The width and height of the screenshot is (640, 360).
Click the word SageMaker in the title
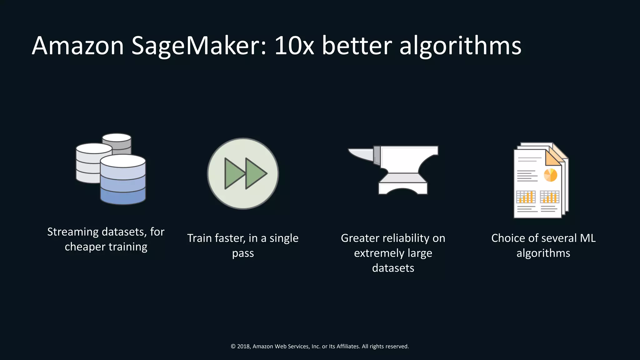pyautogui.click(x=199, y=46)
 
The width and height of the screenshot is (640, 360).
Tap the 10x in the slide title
pyautogui.click(x=294, y=46)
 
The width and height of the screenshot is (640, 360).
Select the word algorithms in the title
pyautogui.click(x=460, y=46)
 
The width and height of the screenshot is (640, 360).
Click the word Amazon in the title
pyautogui.click(x=78, y=46)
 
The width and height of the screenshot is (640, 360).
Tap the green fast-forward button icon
pyautogui.click(x=243, y=174)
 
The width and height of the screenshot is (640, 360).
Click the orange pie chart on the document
pyautogui.click(x=550, y=175)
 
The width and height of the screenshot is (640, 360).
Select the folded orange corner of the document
pyautogui.click(x=552, y=158)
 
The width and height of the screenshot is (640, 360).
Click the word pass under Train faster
pyautogui.click(x=243, y=253)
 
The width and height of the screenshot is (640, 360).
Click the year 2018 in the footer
pyautogui.click(x=243, y=346)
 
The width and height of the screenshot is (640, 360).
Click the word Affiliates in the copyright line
pyautogui.click(x=348, y=346)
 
